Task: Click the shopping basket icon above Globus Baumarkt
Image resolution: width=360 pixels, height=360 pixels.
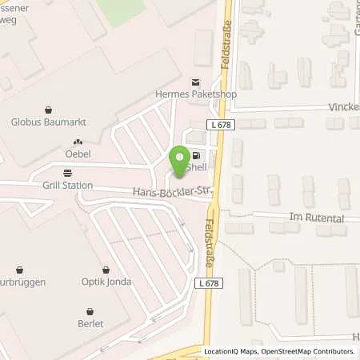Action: pyautogui.click(x=50, y=110)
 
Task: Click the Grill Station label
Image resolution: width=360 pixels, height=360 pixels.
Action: pyautogui.click(x=67, y=186)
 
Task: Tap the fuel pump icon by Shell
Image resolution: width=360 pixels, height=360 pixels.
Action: pyautogui.click(x=195, y=156)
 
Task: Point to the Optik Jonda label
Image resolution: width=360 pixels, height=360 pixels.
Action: pyautogui.click(x=106, y=283)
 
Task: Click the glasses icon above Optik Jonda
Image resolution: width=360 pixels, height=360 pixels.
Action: pyautogui.click(x=106, y=270)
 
